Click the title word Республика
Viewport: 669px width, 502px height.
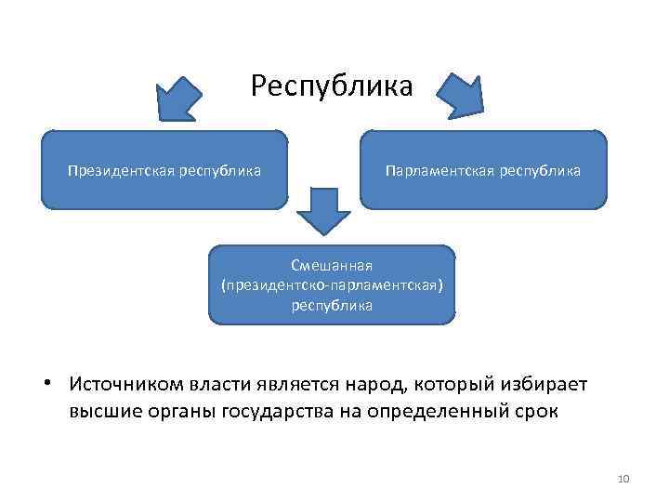tap(332, 87)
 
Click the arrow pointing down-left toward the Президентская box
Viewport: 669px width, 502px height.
tap(178, 96)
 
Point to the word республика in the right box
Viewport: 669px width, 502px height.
tap(540, 170)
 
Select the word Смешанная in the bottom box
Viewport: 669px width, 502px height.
tap(332, 267)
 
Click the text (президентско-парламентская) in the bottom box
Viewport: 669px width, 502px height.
tap(332, 285)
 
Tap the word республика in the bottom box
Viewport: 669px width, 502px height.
tap(332, 304)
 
